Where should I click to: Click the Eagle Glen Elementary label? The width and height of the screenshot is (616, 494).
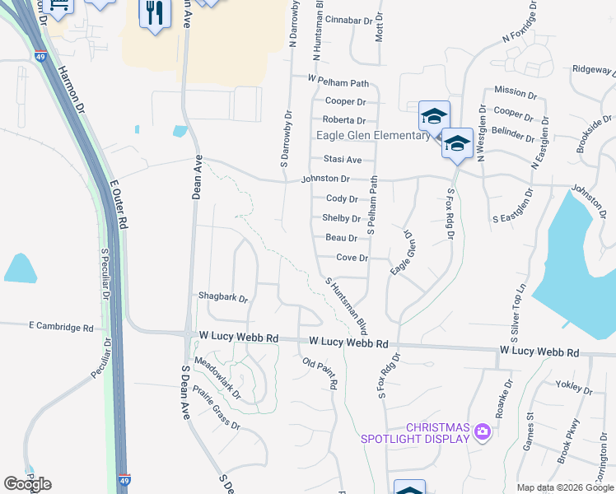click(373, 137)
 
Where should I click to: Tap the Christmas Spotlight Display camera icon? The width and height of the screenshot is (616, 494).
click(482, 431)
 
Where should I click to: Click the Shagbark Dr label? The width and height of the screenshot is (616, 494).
click(222, 296)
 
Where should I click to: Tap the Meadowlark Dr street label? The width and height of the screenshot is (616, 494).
click(217, 379)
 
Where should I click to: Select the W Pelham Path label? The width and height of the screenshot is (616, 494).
click(338, 82)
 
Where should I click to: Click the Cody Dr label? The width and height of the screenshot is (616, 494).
click(342, 198)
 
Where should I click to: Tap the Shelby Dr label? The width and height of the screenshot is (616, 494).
click(341, 218)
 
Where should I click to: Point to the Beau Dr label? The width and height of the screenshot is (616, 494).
click(341, 238)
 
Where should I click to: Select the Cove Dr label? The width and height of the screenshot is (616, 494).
click(351, 258)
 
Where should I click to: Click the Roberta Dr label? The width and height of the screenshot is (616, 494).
click(343, 120)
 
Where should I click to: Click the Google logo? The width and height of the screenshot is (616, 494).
click(27, 484)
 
